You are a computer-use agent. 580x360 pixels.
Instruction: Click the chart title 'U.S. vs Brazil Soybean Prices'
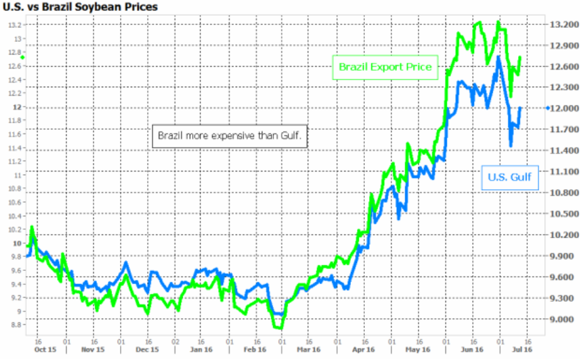(x=81, y=7)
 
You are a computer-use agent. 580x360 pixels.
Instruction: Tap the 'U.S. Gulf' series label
(x=510, y=178)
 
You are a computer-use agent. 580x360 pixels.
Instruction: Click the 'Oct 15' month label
(x=45, y=350)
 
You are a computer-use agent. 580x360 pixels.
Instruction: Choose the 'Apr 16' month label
(x=364, y=350)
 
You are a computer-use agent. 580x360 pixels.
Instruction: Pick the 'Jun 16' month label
(x=472, y=350)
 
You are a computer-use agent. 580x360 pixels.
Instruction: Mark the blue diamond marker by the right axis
(x=548, y=108)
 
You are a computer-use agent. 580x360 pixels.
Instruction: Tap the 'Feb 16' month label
(x=255, y=350)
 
